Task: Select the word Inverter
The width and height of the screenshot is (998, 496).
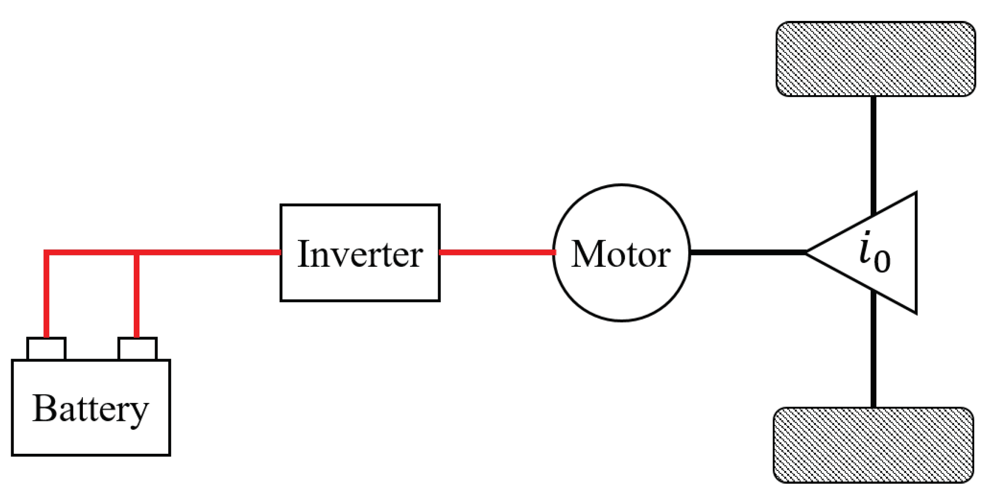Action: coord(360,255)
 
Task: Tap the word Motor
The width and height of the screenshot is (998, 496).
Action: coord(621,255)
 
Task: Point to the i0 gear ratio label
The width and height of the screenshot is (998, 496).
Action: coord(875,253)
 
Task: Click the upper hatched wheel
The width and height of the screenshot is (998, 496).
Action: coord(875,59)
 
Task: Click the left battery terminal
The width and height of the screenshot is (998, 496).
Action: coord(46,348)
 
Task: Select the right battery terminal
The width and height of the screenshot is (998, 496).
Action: coord(137,348)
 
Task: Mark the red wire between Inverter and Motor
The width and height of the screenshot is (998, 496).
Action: coord(496,253)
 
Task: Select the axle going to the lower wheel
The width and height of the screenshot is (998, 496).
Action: coord(873,353)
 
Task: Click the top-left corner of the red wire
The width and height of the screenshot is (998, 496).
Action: coord(46,253)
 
